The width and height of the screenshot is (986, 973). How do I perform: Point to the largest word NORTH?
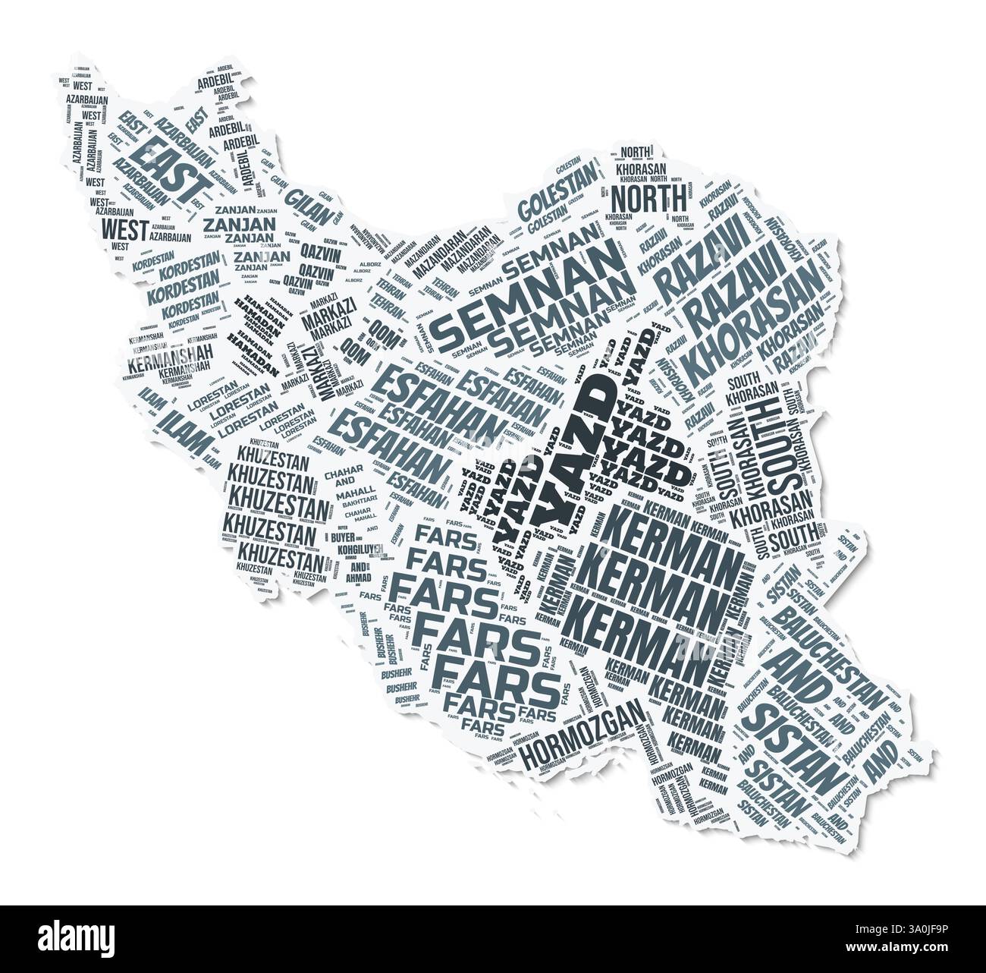(648, 200)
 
